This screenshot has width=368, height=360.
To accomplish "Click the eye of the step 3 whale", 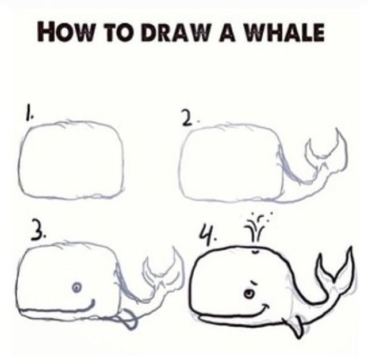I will point(78,286).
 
